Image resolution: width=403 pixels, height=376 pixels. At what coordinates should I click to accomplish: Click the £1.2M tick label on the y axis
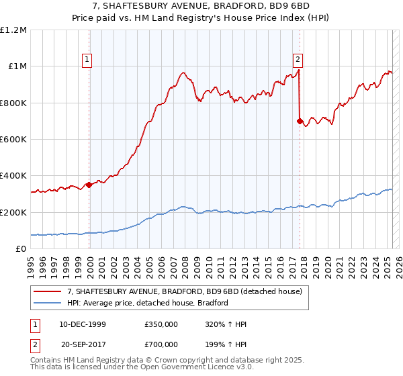tap(14, 30)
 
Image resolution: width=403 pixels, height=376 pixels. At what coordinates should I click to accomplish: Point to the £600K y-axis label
tap(14, 140)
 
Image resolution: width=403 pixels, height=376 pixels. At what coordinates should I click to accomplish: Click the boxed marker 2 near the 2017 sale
tap(298, 59)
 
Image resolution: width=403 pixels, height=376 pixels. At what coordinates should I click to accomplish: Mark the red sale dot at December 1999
tap(89, 185)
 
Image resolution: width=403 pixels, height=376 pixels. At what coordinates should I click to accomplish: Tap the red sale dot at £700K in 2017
tap(300, 122)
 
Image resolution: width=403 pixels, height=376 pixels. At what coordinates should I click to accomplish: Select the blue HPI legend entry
tap(148, 303)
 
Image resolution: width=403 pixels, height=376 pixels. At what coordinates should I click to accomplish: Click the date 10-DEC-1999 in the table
tap(83, 324)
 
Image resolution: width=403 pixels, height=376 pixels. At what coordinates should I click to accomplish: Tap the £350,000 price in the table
tap(161, 324)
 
